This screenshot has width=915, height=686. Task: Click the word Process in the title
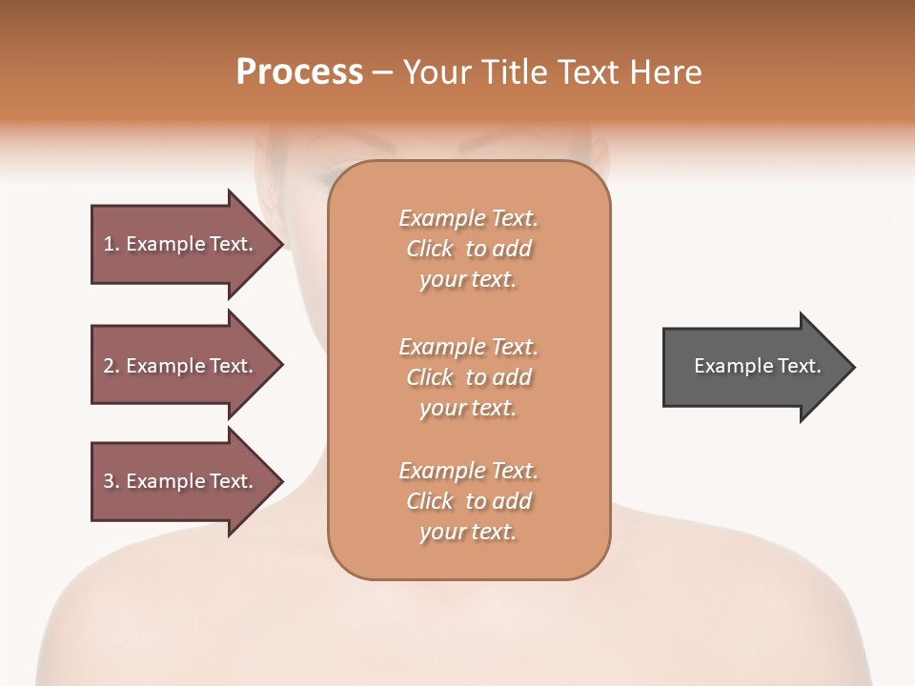(x=299, y=72)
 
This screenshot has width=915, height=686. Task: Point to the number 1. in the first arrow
(x=112, y=244)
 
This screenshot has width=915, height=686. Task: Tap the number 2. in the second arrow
(x=112, y=366)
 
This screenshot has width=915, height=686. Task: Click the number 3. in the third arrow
(x=112, y=481)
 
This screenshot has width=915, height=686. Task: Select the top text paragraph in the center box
(x=468, y=249)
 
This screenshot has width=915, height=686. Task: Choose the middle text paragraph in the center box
(x=468, y=377)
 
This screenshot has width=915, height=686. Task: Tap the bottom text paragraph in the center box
(x=468, y=501)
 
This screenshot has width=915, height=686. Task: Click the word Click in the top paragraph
(x=430, y=249)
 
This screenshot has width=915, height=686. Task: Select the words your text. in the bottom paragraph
(x=468, y=532)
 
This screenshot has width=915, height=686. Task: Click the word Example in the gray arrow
(x=727, y=366)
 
